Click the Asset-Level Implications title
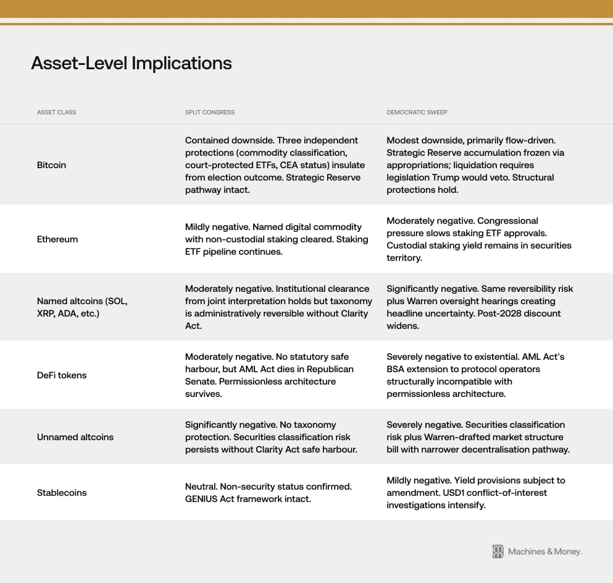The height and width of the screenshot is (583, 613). (x=131, y=63)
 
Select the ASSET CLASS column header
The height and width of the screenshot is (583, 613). (x=57, y=113)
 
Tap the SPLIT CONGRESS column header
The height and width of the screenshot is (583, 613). (x=210, y=113)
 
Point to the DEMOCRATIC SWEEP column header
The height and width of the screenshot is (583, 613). (x=417, y=113)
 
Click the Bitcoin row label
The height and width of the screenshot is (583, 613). (x=51, y=165)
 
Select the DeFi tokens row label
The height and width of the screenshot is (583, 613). (x=62, y=375)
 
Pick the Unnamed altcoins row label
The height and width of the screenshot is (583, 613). (x=75, y=437)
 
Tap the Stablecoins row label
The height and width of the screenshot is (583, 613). (x=62, y=493)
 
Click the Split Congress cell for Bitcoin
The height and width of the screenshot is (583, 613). (x=275, y=165)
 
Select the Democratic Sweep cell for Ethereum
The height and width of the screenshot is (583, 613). (x=478, y=239)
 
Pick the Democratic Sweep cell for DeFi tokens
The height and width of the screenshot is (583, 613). (x=475, y=375)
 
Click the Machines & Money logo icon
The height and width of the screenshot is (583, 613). (x=498, y=551)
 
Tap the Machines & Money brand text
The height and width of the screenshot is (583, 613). (x=544, y=551)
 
